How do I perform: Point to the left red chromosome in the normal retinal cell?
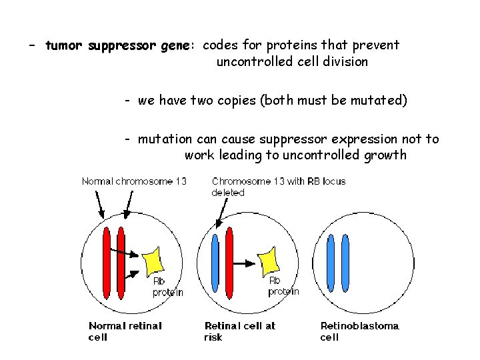(x=107, y=263)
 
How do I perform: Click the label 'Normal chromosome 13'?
(x=134, y=181)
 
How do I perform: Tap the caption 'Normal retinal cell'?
(x=125, y=331)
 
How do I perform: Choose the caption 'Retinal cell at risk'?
(x=239, y=331)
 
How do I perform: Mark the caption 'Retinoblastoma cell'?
(x=359, y=331)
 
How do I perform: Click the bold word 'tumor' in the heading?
(x=64, y=46)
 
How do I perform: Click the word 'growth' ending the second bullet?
(x=385, y=155)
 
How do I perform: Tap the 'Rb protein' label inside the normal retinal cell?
(x=167, y=287)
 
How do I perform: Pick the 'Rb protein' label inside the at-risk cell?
(x=283, y=286)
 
